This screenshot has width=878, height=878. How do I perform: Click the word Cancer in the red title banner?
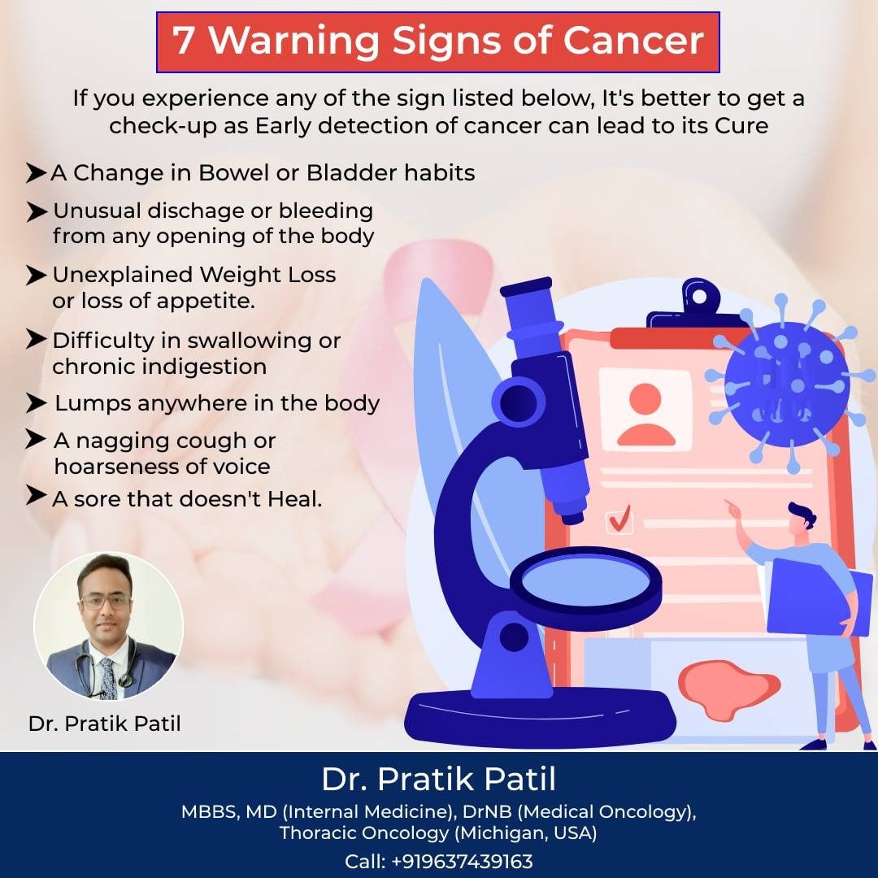[632, 41]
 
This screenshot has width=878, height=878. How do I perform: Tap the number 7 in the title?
[183, 41]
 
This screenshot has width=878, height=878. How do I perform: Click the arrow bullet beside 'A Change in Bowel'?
[35, 173]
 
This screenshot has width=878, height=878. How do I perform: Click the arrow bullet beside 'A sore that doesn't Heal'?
[36, 495]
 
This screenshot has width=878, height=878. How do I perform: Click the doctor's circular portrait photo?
[109, 626]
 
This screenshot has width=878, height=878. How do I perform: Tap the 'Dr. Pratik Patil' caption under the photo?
[105, 724]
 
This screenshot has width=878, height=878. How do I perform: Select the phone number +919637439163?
[462, 861]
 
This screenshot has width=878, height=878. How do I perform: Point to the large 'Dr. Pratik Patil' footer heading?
[438, 779]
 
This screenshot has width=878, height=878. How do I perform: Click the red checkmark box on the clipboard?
[619, 519]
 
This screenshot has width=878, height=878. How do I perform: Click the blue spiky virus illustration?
[789, 384]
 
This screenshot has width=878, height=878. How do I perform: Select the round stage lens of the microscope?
[585, 580]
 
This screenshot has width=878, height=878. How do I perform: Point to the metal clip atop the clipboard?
[698, 305]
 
